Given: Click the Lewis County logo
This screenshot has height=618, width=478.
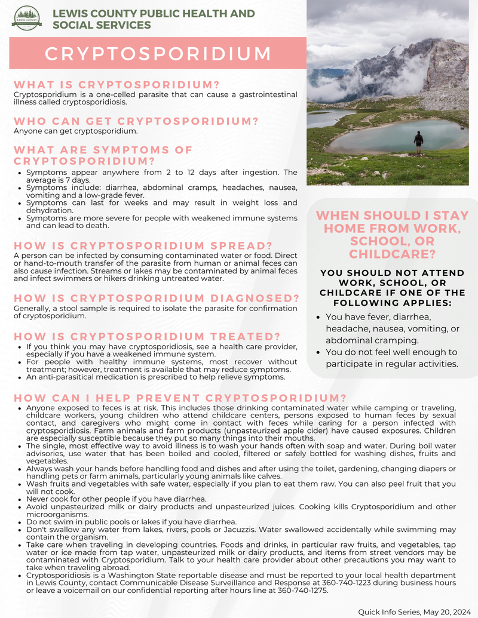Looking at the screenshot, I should pyautogui.click(x=27, y=18).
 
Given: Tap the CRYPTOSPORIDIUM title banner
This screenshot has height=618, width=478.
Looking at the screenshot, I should pyautogui.click(x=158, y=53).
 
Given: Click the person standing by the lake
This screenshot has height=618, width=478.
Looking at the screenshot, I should pyautogui.click(x=418, y=142).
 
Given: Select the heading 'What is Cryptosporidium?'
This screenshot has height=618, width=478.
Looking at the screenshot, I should pyautogui.click(x=117, y=85).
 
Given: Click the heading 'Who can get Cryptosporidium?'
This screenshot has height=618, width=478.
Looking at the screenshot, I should pyautogui.click(x=136, y=121).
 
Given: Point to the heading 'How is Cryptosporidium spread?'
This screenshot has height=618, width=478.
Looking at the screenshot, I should pyautogui.click(x=143, y=246).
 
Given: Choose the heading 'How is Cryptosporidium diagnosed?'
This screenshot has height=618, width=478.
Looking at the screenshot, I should pyautogui.click(x=156, y=298).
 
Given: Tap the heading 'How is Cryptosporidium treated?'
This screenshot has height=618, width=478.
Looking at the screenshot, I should pyautogui.click(x=146, y=336).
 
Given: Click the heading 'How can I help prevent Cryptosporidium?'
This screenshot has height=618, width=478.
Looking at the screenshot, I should pyautogui.click(x=180, y=398).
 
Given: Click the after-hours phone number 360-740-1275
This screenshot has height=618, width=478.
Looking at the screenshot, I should pyautogui.click(x=302, y=590).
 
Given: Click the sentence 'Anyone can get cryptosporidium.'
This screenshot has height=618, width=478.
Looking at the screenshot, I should pyautogui.click(x=75, y=131).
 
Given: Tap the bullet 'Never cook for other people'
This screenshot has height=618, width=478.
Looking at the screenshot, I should pyautogui.click(x=108, y=499).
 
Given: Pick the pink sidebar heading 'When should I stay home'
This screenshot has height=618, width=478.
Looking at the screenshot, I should pyautogui.click(x=392, y=234).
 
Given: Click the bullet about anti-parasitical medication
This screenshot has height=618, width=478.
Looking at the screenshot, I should pyautogui.click(x=155, y=377).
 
